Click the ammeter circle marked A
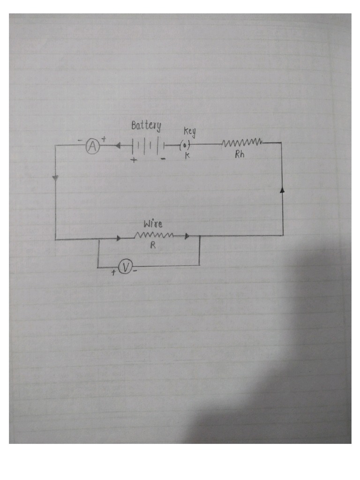tap(93, 147)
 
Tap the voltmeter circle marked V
tap(125, 267)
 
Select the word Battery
tap(146, 125)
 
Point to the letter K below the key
tap(187, 156)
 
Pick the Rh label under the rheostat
tap(240, 155)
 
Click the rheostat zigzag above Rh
tap(242, 142)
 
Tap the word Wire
tap(153, 224)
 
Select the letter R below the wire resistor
tap(153, 246)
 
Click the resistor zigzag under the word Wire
tap(154, 235)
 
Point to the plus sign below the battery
tap(134, 160)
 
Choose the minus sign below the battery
tap(163, 159)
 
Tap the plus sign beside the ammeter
tap(104, 139)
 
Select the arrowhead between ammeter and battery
tap(117, 146)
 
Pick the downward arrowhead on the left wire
tap(55, 178)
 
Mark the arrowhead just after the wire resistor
tap(187, 237)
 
